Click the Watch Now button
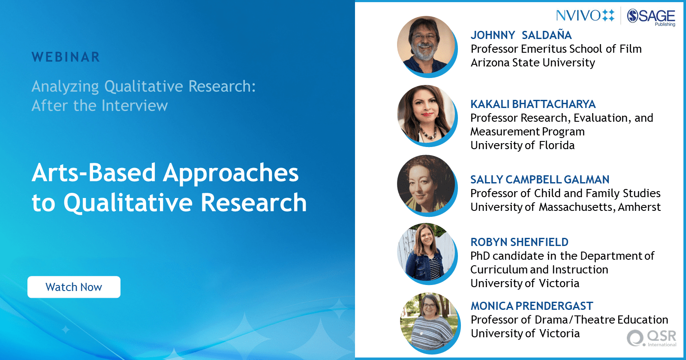pyautogui.click(x=74, y=287)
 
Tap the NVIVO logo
pyautogui.click(x=585, y=15)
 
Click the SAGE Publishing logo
pyautogui.click(x=651, y=17)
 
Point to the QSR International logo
pyautogui.click(x=651, y=338)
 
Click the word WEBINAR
pyautogui.click(x=66, y=57)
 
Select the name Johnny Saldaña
pyautogui.click(x=521, y=35)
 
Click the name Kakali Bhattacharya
pyautogui.click(x=533, y=104)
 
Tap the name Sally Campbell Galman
pyautogui.click(x=540, y=180)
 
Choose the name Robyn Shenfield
pyautogui.click(x=519, y=242)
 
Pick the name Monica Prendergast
pyautogui.click(x=532, y=306)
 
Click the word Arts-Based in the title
pyautogui.click(x=94, y=173)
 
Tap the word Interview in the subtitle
pyautogui.click(x=135, y=105)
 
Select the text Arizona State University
pyautogui.click(x=533, y=63)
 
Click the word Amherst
pyautogui.click(x=639, y=207)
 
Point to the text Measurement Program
pyautogui.click(x=527, y=132)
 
